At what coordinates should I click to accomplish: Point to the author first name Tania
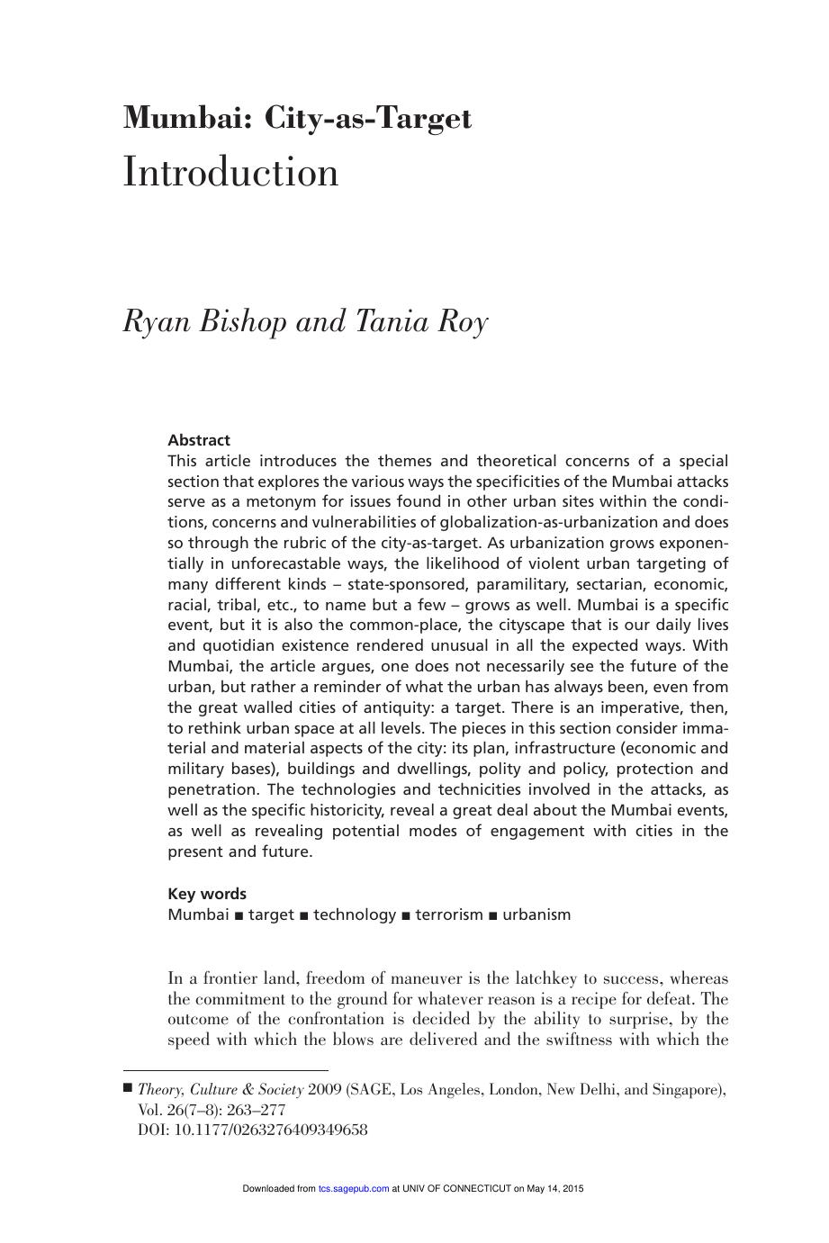click(x=388, y=321)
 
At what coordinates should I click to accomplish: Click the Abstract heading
click(x=199, y=440)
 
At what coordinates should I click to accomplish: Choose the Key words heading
click(x=207, y=894)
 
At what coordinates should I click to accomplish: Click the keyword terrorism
click(x=449, y=914)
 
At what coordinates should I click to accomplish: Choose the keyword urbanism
click(x=536, y=914)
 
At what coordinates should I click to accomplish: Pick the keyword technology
click(x=355, y=914)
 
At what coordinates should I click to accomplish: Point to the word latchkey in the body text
click(x=540, y=977)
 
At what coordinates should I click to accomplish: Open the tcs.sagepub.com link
click(x=354, y=1189)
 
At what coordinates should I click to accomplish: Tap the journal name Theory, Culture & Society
click(x=221, y=1090)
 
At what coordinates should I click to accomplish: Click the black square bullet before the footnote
click(x=128, y=1088)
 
